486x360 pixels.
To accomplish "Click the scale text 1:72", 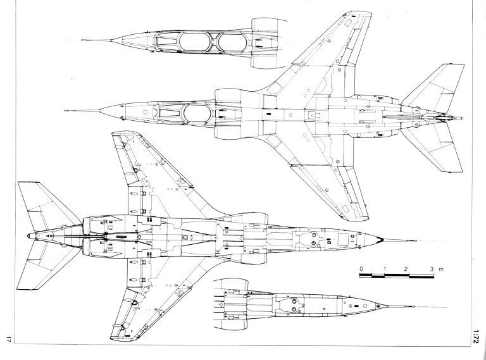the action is pyautogui.click(x=477, y=336).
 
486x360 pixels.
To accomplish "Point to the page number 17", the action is pyautogui.click(x=8, y=339).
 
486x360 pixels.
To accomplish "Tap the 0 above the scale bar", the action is pyautogui.click(x=361, y=269).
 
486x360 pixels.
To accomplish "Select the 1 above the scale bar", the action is pyautogui.click(x=385, y=269).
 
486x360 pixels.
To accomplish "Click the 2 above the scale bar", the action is pyautogui.click(x=406, y=269).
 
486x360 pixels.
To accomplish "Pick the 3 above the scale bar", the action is pyautogui.click(x=432, y=269).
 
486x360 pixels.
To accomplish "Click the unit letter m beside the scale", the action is pyautogui.click(x=441, y=270).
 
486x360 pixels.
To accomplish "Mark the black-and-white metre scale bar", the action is pyautogui.click(x=396, y=275).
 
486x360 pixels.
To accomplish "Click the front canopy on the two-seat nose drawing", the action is pyautogui.click(x=194, y=42).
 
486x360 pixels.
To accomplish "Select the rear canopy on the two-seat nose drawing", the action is pyautogui.click(x=232, y=42).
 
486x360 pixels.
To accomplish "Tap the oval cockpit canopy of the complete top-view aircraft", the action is pyautogui.click(x=197, y=113).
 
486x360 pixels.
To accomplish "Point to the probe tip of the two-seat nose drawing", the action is pyautogui.click(x=82, y=40).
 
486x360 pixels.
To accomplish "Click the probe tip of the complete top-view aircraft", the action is pyautogui.click(x=65, y=110).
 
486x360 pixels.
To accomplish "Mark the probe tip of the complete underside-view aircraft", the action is pyautogui.click(x=415, y=240).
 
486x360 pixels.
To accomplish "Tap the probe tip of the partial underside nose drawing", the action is pyautogui.click(x=413, y=306).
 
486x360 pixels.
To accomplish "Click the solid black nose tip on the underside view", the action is pyautogui.click(x=380, y=239).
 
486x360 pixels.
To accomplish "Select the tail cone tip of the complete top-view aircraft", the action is pyautogui.click(x=462, y=118).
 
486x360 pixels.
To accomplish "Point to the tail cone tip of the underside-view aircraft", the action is pyautogui.click(x=29, y=236).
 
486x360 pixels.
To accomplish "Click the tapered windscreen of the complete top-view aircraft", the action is pyautogui.click(x=169, y=113).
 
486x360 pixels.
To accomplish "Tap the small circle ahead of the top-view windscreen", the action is pyautogui.click(x=146, y=111).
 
